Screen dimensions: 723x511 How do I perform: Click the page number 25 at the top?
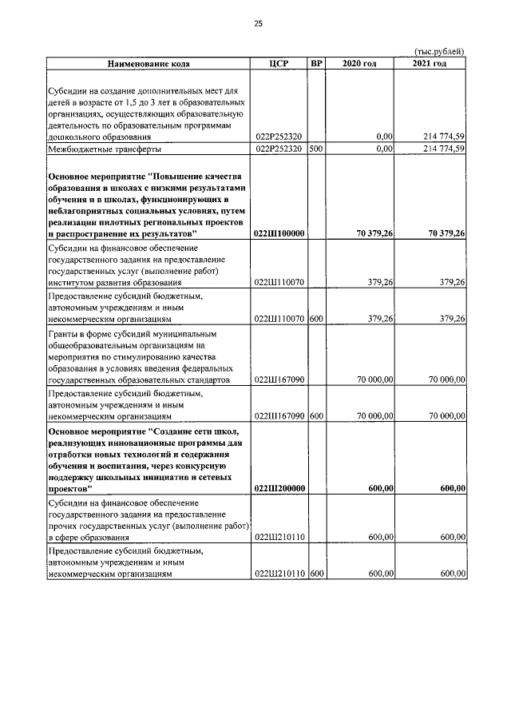(257, 23)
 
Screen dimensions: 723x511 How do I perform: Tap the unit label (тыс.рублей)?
(441, 52)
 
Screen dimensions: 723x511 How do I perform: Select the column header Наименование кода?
(149, 64)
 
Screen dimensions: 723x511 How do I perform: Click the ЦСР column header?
(279, 64)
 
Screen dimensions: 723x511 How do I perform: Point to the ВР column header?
(316, 64)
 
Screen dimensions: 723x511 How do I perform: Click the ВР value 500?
(315, 149)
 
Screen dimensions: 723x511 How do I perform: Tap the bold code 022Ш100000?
(279, 233)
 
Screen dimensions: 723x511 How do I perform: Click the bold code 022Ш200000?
(279, 488)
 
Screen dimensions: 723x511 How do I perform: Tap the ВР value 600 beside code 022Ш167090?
(315, 416)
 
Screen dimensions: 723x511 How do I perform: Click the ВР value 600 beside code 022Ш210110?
(315, 573)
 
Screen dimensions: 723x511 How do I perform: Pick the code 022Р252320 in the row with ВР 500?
(279, 149)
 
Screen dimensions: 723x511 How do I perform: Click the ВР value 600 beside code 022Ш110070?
(315, 319)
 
